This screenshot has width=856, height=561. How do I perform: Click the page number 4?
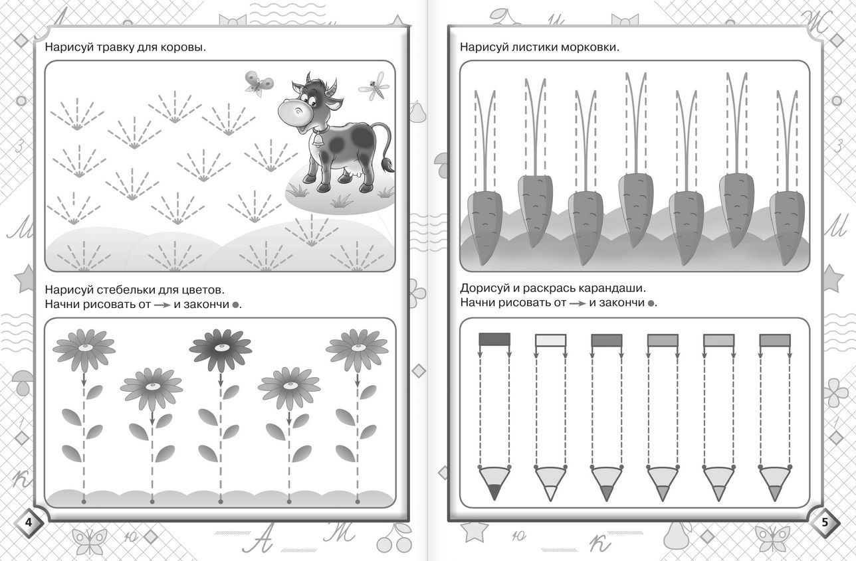click(29, 522)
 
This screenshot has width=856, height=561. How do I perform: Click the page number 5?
click(825, 522)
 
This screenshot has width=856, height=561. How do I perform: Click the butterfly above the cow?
click(259, 83)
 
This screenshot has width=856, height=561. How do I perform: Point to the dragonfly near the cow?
click(374, 87)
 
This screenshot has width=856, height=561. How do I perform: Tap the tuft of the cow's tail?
click(388, 167)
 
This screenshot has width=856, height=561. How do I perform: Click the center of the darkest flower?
click(221, 348)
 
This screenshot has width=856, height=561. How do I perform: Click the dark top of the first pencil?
click(494, 339)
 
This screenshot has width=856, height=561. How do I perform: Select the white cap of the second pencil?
click(551, 341)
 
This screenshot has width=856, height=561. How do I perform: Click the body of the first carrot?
click(484, 228)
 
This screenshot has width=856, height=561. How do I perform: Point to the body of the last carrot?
click(787, 228)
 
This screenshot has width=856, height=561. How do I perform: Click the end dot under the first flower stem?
click(84, 501)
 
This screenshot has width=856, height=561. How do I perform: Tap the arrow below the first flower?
click(84, 379)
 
